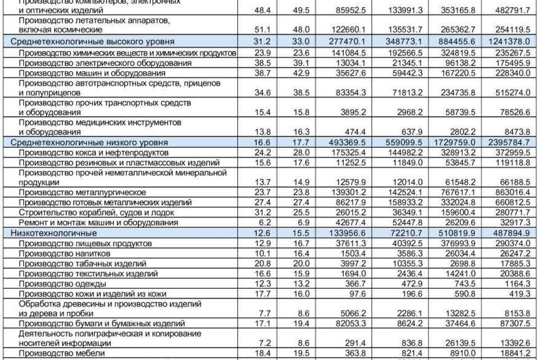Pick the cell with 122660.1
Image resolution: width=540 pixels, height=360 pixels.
[348, 30]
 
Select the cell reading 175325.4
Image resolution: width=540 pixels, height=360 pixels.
[348, 152]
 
